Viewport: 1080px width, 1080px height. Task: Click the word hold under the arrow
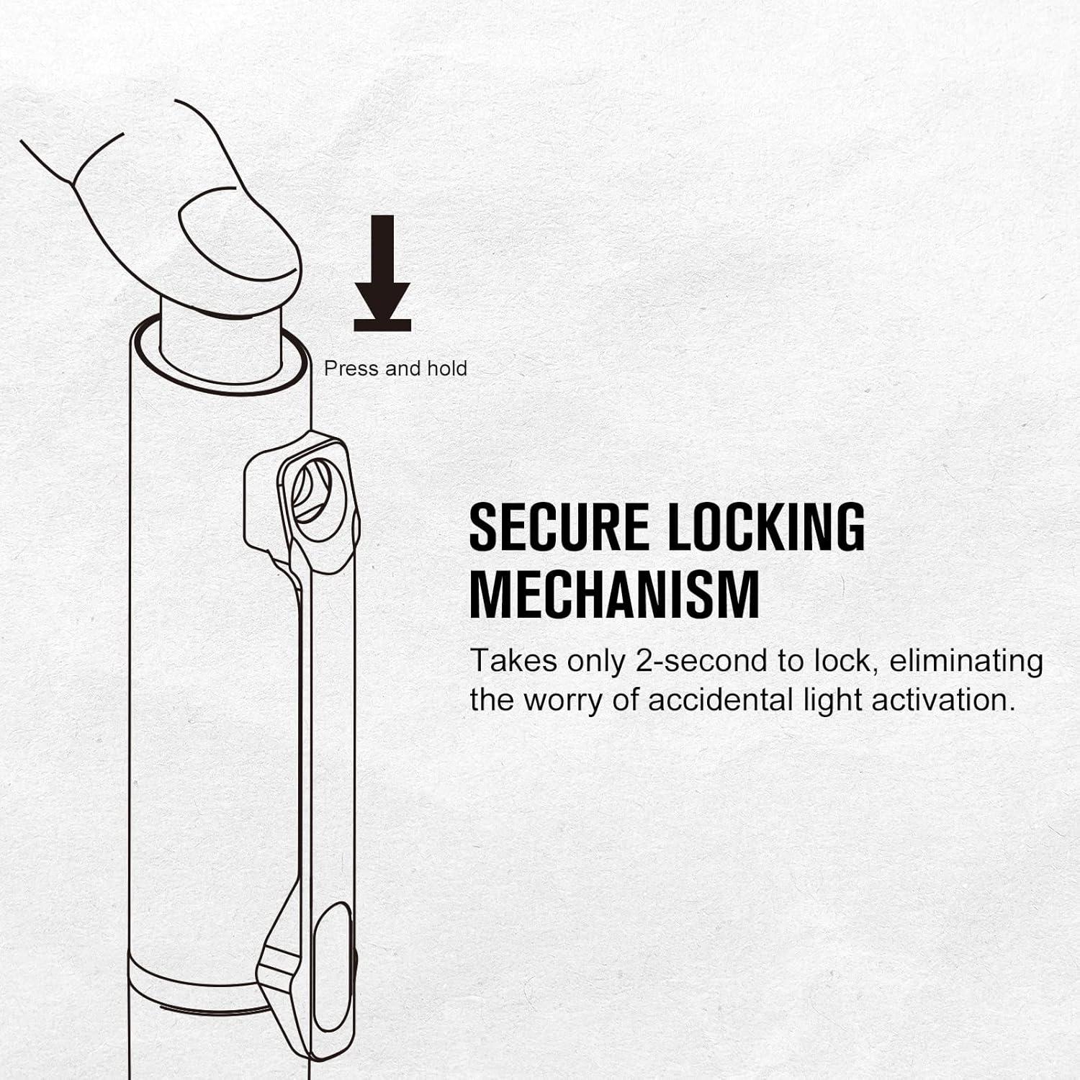click(447, 369)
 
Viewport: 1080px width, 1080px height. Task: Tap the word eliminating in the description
click(966, 662)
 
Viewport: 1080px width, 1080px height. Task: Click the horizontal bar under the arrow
click(382, 325)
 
